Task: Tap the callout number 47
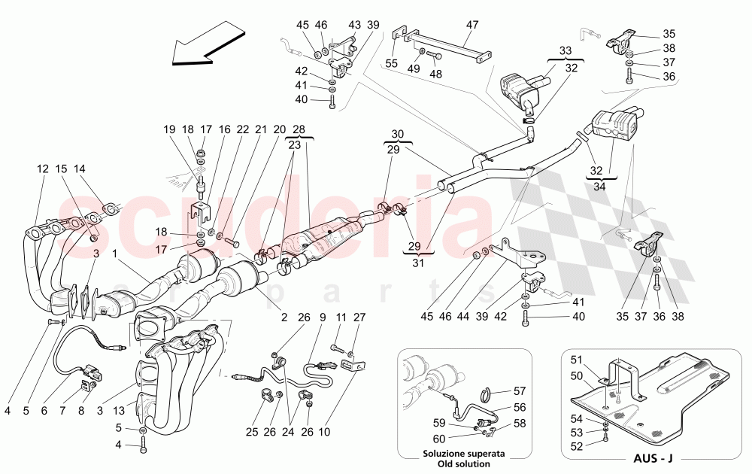tap(472, 25)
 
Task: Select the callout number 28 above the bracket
tap(298, 129)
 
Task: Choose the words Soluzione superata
tap(462, 454)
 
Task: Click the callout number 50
tap(578, 375)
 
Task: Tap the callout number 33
tap(565, 50)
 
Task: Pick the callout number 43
tap(354, 25)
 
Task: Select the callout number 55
tap(391, 65)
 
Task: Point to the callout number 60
tap(438, 438)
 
